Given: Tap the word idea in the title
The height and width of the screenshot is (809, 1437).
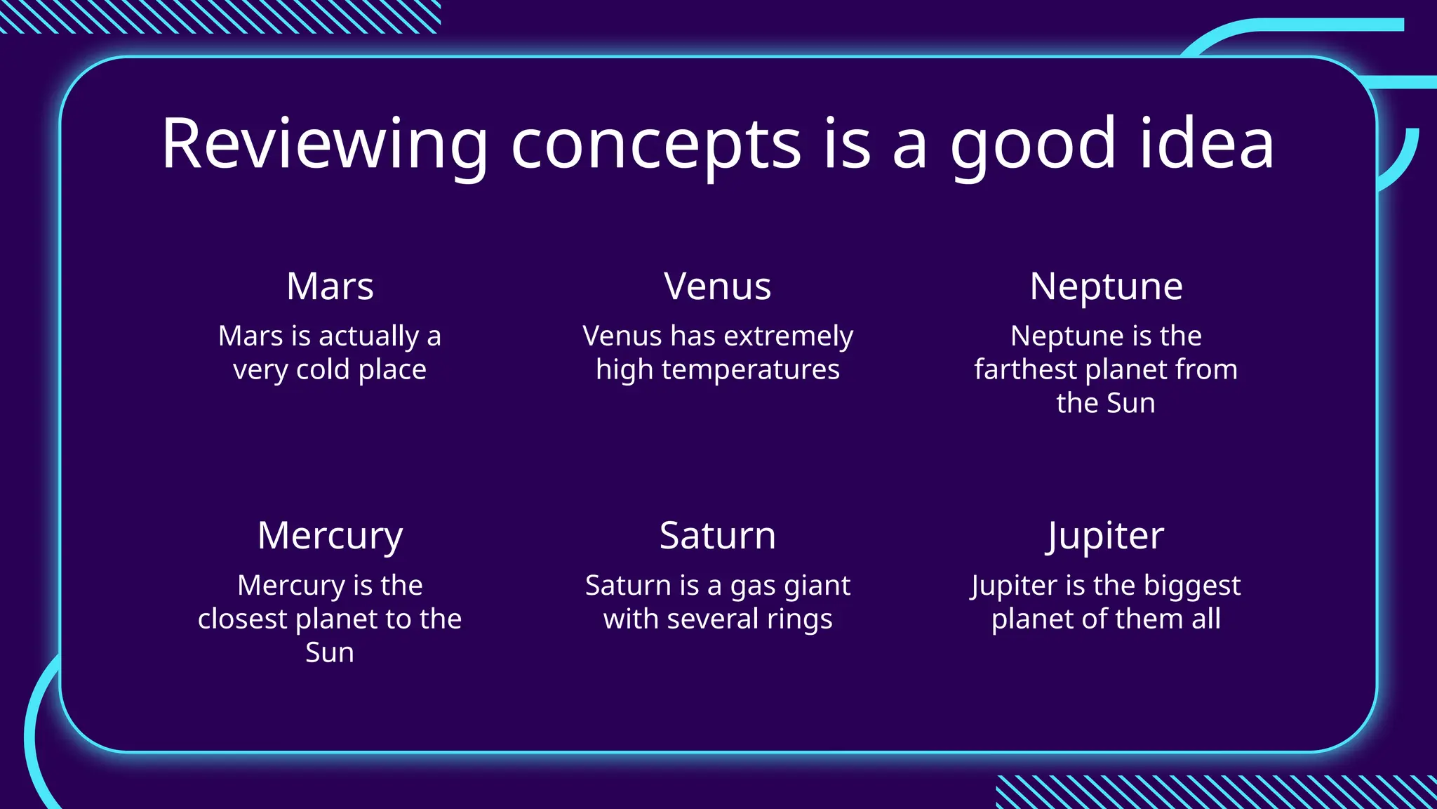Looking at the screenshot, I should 1206,144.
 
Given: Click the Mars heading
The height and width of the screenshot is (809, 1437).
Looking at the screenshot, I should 330,287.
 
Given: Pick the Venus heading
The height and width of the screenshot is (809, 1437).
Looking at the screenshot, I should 718,287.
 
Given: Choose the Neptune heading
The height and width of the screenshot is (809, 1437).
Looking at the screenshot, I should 1106,287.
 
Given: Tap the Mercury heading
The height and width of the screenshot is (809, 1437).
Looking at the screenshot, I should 330,537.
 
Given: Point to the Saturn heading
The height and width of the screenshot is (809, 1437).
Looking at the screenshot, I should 718,536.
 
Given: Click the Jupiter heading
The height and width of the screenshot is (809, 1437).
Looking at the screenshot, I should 1105,537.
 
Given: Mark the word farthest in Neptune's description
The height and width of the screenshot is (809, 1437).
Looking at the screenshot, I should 1025,369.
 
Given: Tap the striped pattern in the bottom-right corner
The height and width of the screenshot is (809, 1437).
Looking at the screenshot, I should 1214,791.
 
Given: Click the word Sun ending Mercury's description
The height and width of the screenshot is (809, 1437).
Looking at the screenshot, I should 330,653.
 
